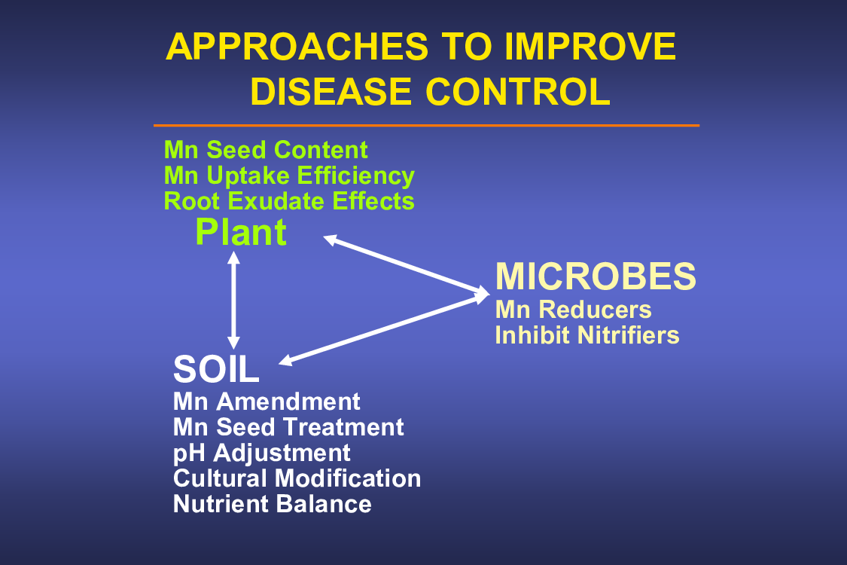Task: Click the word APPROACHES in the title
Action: (297, 47)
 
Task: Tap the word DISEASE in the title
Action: (331, 91)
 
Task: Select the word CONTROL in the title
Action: (518, 91)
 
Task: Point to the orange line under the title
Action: (426, 126)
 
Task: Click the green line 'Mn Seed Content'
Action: (266, 150)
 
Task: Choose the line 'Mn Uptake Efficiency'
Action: (289, 176)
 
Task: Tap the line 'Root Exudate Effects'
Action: (289, 201)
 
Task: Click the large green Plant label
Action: (241, 233)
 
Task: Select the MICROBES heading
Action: (596, 276)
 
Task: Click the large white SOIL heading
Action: (216, 369)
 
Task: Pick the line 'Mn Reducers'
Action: (573, 310)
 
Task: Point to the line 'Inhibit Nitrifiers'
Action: (587, 335)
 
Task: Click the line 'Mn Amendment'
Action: (267, 402)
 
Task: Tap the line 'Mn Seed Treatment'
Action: (288, 427)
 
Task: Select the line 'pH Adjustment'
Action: (262, 454)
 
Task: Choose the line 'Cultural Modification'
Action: (297, 478)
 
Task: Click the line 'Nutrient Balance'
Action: (273, 504)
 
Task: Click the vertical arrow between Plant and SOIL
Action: (233, 300)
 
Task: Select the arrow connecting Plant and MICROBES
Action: (407, 265)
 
